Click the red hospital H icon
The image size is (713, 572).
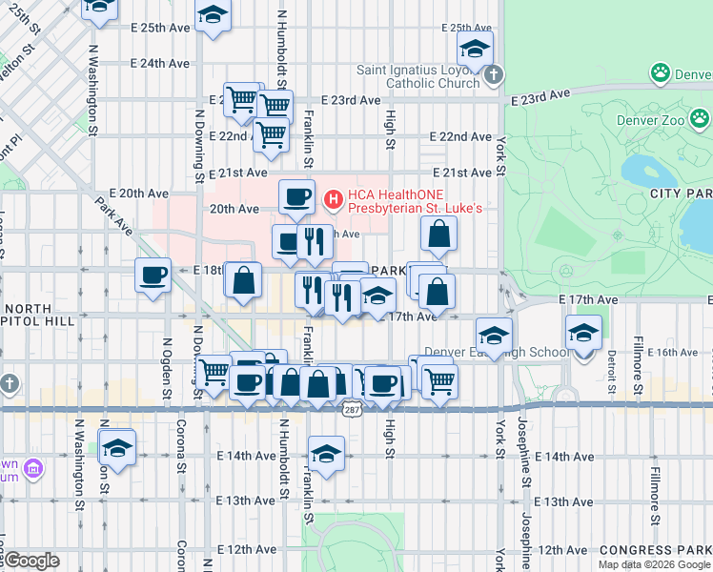pos(333,199)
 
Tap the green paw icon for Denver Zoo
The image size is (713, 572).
pos(659,72)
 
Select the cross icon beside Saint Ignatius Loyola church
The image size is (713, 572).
pos(492,74)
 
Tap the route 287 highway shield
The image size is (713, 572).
pos(351,408)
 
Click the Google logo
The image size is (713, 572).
pos(31,561)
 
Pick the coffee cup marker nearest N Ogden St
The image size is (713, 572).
pos(153,276)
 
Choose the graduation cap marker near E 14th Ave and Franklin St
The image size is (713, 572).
pos(326,455)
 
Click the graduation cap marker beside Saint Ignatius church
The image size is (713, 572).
pos(474,49)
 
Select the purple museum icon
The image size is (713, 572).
pos(33,468)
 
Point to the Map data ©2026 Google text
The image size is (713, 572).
pos(654,564)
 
